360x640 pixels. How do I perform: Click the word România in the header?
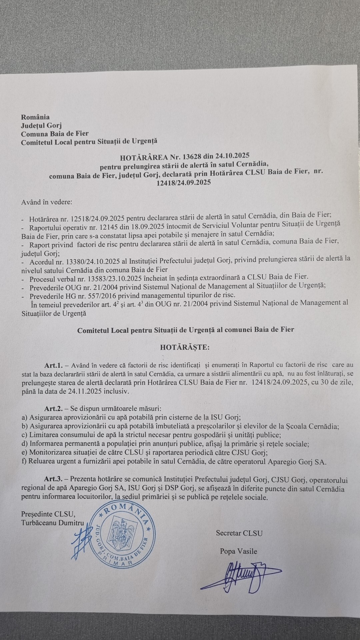[x=35, y=117]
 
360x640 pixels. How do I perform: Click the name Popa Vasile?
[x=238, y=551]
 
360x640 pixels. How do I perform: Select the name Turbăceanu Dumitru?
[x=52, y=523]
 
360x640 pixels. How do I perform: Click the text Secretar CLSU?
[x=239, y=533]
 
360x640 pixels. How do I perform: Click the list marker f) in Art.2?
[x=24, y=462]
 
